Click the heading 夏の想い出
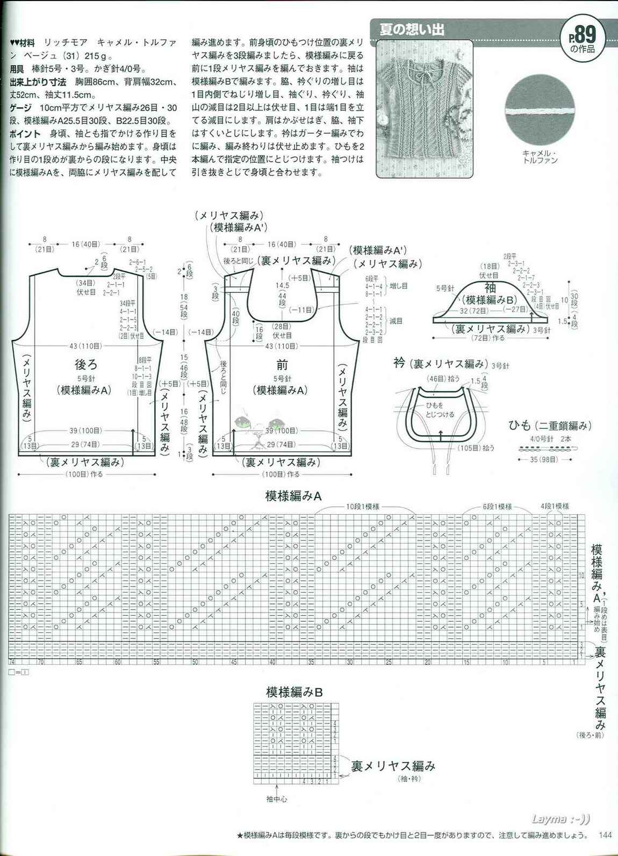413,29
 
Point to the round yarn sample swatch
540,111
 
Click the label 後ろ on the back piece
86,365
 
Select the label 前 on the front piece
282,365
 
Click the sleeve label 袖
490,288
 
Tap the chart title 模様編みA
293,496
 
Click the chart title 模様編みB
294,692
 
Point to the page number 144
605,835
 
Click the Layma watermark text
560,819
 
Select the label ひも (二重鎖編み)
550,426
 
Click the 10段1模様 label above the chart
363,507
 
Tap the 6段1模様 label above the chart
497,507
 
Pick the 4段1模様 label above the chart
555,506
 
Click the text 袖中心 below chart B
276,799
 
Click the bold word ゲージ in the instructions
21,107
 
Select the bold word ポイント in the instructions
25,133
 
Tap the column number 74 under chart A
11,663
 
